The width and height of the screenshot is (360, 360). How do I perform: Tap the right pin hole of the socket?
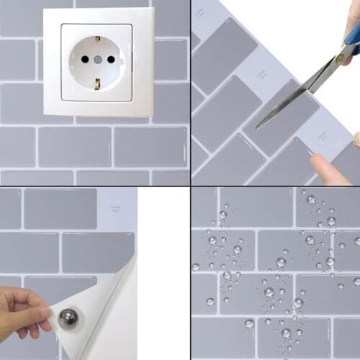point(109,60)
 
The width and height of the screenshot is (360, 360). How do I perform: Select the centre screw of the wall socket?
point(96,60)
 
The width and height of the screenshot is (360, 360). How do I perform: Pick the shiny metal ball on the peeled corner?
point(68,318)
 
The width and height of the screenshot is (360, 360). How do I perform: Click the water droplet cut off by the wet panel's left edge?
point(195,267)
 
